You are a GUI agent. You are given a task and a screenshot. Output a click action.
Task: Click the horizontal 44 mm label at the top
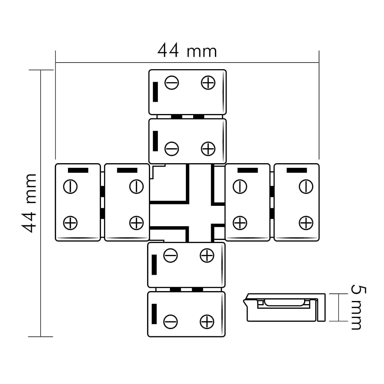187,50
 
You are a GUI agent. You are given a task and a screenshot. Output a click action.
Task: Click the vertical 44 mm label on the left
29,203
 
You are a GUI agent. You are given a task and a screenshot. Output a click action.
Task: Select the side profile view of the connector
284,307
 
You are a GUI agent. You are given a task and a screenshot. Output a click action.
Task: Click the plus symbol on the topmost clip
208,83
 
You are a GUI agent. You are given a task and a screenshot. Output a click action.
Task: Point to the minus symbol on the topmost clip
172,83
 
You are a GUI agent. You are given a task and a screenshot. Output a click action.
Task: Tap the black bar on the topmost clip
155,92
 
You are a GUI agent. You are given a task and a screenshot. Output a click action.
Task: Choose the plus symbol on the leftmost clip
70,223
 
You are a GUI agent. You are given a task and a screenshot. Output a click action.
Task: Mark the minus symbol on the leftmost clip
70,187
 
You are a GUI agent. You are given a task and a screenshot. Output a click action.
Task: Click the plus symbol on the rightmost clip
306,223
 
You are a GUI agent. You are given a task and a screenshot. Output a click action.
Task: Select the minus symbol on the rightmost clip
306,187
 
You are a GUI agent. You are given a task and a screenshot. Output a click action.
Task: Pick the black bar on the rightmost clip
296,170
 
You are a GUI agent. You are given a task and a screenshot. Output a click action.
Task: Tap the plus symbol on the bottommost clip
207,322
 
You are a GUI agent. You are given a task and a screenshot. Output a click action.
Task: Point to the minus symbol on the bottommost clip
170,322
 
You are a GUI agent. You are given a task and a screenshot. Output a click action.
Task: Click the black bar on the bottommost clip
154,314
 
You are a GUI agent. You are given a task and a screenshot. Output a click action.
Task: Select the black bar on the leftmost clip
78,170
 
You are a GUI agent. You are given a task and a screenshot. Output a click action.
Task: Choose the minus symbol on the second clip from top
172,149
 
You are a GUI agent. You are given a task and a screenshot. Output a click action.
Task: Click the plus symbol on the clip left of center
136,223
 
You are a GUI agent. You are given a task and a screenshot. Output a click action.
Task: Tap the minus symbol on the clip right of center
240,187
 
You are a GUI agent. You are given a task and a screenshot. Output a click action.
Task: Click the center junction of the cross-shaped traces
200,215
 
